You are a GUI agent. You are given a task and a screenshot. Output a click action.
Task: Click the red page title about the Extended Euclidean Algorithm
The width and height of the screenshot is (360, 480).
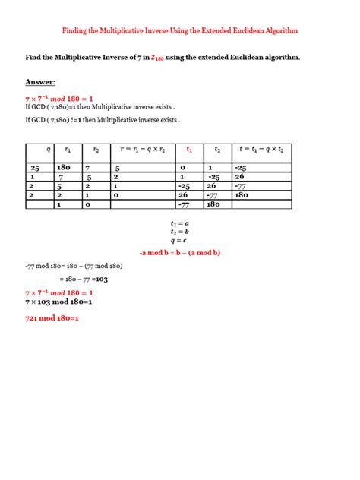[180, 31]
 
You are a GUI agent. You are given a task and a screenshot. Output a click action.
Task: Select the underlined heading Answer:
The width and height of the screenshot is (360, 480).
[40, 82]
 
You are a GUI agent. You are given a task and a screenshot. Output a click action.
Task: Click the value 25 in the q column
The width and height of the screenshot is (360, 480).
[35, 167]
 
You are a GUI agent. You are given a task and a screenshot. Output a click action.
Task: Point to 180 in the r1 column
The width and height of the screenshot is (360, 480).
[64, 167]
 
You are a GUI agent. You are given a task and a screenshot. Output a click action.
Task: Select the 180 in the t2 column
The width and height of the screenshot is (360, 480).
[213, 204]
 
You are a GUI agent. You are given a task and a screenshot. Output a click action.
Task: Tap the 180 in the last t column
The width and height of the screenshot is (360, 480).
[242, 194]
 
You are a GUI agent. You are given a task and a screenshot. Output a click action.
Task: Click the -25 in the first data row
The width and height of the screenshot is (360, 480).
[242, 167]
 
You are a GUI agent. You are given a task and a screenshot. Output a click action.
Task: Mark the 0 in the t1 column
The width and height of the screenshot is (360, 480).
[182, 167]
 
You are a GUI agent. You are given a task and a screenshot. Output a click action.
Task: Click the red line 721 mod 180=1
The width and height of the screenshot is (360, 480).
[52, 318]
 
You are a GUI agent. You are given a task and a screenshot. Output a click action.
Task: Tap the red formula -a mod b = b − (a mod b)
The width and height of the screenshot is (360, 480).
[179, 252]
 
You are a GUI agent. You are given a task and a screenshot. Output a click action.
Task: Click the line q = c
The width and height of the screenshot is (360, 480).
[180, 241]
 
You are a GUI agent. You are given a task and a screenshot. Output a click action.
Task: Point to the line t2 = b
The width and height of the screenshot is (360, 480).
[180, 232]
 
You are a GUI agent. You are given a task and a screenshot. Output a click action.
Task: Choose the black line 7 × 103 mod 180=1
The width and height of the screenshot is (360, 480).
[58, 301]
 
